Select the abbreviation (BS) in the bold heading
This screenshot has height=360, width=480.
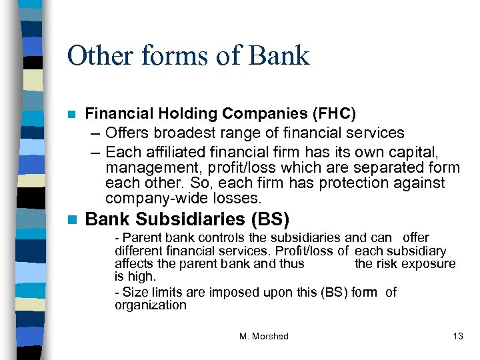tap(269, 219)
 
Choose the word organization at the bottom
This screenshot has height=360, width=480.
tap(151, 305)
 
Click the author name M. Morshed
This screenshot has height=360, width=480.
tap(263, 337)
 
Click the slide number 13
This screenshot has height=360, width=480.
tap(457, 337)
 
